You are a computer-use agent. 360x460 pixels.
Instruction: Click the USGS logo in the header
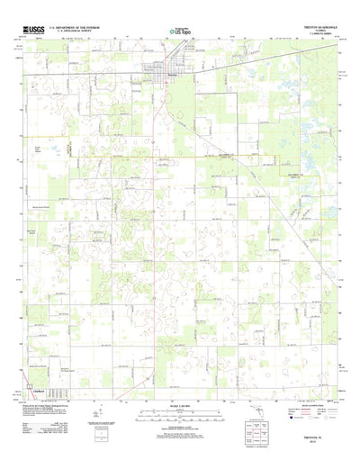[x=33, y=31]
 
